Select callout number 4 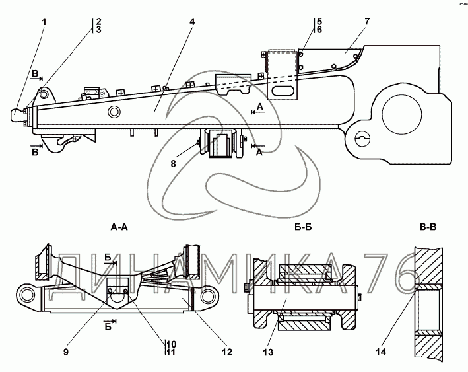[191, 22]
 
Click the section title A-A [119, 228]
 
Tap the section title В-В [427, 228]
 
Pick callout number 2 [98, 21]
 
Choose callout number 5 [319, 21]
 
